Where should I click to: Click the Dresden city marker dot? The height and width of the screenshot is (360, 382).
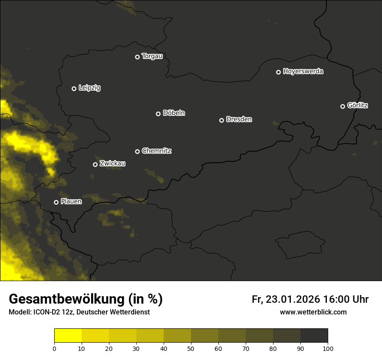coord(221,120)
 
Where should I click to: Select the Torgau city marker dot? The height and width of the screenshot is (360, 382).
coord(137,57)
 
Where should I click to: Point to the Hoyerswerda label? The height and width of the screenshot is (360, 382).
coord(303,72)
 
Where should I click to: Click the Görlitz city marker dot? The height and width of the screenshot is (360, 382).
coord(342,106)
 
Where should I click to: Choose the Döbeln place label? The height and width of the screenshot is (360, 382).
coord(174,113)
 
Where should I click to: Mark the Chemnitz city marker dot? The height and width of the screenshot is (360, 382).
coord(137,151)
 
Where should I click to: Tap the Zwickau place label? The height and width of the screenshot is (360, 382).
coord(112,164)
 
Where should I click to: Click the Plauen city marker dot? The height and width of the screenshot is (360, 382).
coord(56,202)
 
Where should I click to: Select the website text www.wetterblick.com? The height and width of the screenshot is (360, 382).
coord(313,312)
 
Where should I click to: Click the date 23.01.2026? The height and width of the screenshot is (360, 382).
coord(293,299)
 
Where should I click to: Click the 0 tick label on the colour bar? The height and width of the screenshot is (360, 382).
coord(54,348)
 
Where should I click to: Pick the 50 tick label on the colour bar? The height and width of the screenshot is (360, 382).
coord(191,348)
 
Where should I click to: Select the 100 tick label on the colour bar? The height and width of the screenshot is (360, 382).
coord(328,348)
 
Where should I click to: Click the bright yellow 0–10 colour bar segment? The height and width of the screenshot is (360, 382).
coord(68,336)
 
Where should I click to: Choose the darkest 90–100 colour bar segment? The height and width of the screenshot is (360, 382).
coord(314,336)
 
